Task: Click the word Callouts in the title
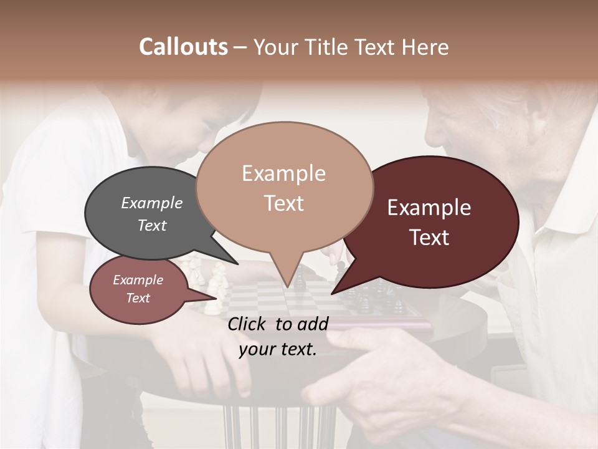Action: click(x=183, y=47)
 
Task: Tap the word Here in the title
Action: click(x=424, y=47)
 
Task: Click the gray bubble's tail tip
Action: click(x=237, y=264)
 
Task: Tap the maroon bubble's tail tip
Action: click(x=333, y=293)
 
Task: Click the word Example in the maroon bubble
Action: click(x=429, y=208)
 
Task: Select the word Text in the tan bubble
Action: click(x=284, y=203)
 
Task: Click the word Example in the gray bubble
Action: click(x=152, y=203)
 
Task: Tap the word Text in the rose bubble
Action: click(x=138, y=298)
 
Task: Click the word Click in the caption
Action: click(x=249, y=324)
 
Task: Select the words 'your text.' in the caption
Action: click(x=278, y=350)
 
